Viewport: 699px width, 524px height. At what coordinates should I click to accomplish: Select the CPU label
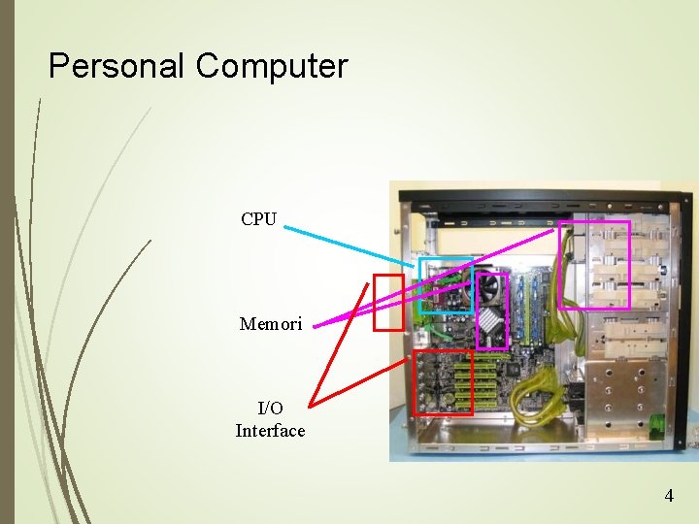coord(259,219)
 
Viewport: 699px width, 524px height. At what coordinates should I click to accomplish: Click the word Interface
coord(270,431)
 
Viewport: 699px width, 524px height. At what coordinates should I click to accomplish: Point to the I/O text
coord(271,409)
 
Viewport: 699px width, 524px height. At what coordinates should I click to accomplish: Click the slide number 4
coord(668,496)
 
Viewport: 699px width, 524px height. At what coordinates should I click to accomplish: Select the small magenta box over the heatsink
coord(492,311)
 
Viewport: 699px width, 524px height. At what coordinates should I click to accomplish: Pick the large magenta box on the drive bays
coord(594,265)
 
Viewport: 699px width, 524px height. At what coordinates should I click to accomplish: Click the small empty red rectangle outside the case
coord(388,302)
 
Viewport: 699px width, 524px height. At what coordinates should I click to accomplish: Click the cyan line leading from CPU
coord(349,243)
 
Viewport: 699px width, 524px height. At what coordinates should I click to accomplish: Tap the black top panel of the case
coord(544,205)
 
